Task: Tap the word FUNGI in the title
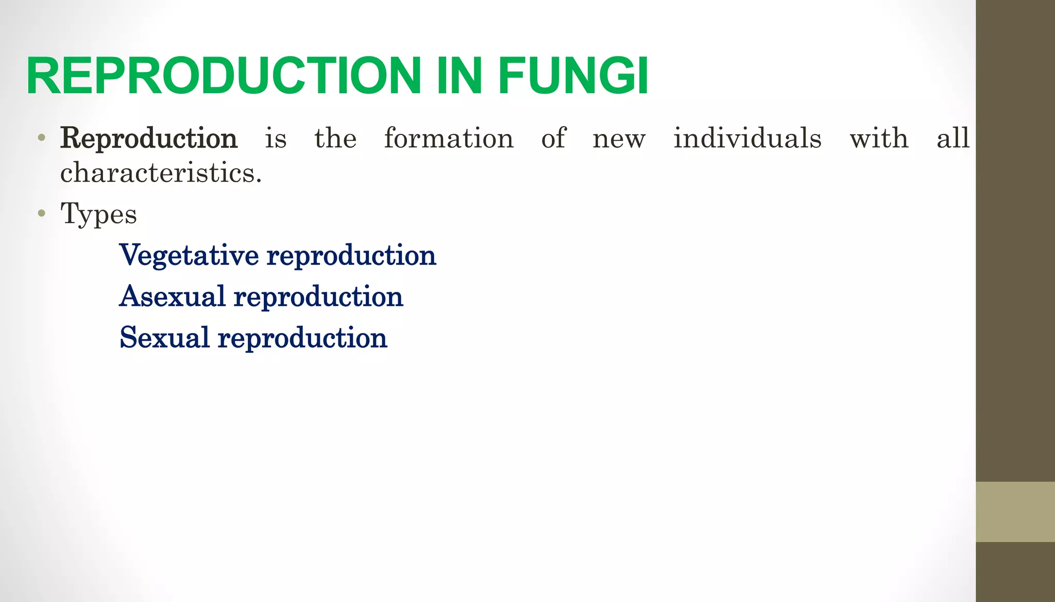point(572,76)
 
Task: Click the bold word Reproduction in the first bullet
point(149,139)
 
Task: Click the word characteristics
point(161,173)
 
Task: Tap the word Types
point(98,214)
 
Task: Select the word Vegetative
point(189,256)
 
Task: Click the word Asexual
point(172,297)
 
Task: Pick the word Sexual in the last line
point(164,338)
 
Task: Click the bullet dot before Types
point(42,213)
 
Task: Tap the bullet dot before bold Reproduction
point(42,138)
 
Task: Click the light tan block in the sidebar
point(1015,511)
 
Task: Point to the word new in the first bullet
point(619,139)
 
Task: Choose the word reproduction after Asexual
point(318,297)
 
